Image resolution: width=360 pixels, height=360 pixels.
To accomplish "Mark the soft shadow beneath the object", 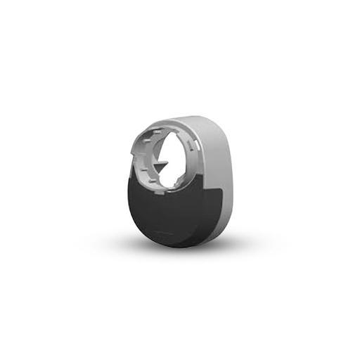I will tap(176, 250).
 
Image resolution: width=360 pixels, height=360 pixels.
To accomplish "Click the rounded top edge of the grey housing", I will tap(190, 120).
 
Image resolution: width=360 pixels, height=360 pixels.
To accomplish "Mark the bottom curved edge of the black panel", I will tap(172, 243).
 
